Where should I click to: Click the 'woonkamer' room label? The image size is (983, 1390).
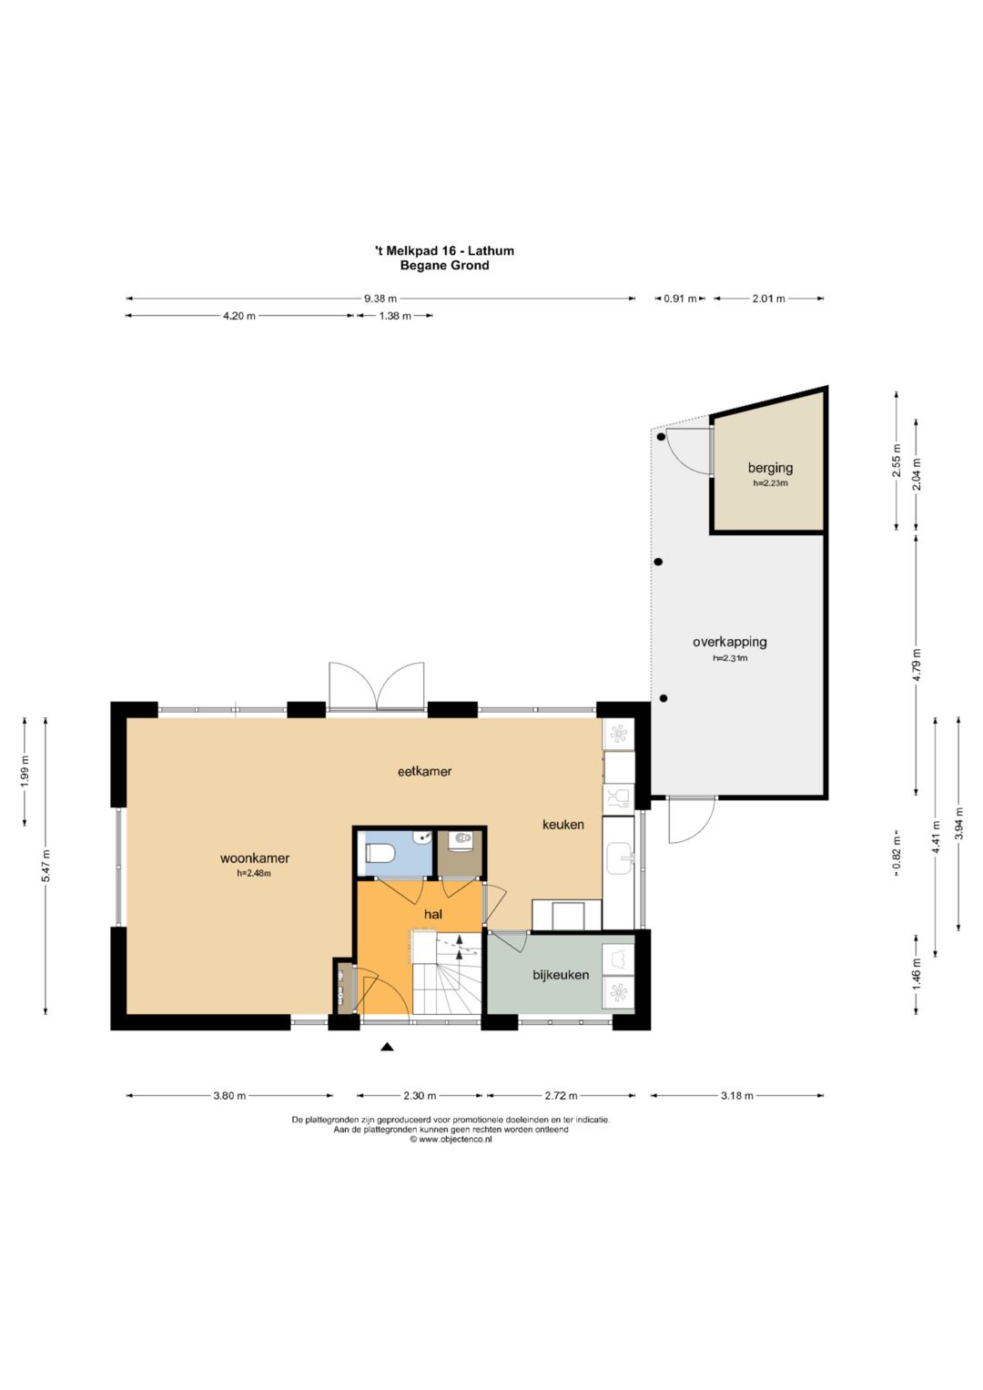255,858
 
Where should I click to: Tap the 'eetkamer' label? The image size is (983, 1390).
424,771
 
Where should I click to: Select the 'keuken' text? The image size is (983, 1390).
562,824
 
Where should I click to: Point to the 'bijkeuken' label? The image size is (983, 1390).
561,974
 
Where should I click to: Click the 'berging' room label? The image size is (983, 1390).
770,468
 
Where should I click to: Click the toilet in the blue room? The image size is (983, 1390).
379,854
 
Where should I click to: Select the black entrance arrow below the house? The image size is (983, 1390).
387,1047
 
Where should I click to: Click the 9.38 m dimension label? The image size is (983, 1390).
380,299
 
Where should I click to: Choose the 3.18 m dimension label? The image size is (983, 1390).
736,1095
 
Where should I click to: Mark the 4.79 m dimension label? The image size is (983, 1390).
917,664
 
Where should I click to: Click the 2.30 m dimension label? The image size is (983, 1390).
420,1095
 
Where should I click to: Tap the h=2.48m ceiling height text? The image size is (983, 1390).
254,873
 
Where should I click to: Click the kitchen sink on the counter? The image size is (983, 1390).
619,858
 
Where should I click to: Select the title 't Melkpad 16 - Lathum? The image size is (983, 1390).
444,250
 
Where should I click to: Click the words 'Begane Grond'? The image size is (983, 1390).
444,265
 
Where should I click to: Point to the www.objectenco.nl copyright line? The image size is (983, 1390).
451,1140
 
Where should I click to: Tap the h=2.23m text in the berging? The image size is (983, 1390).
770,482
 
